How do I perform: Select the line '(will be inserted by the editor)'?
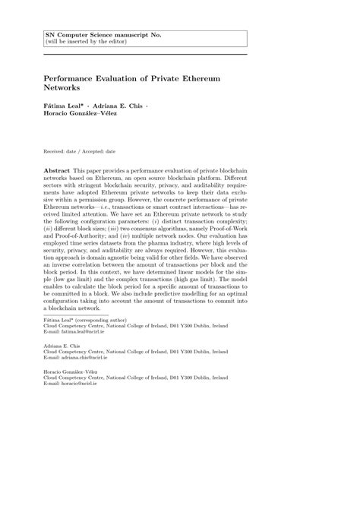click(92, 43)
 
